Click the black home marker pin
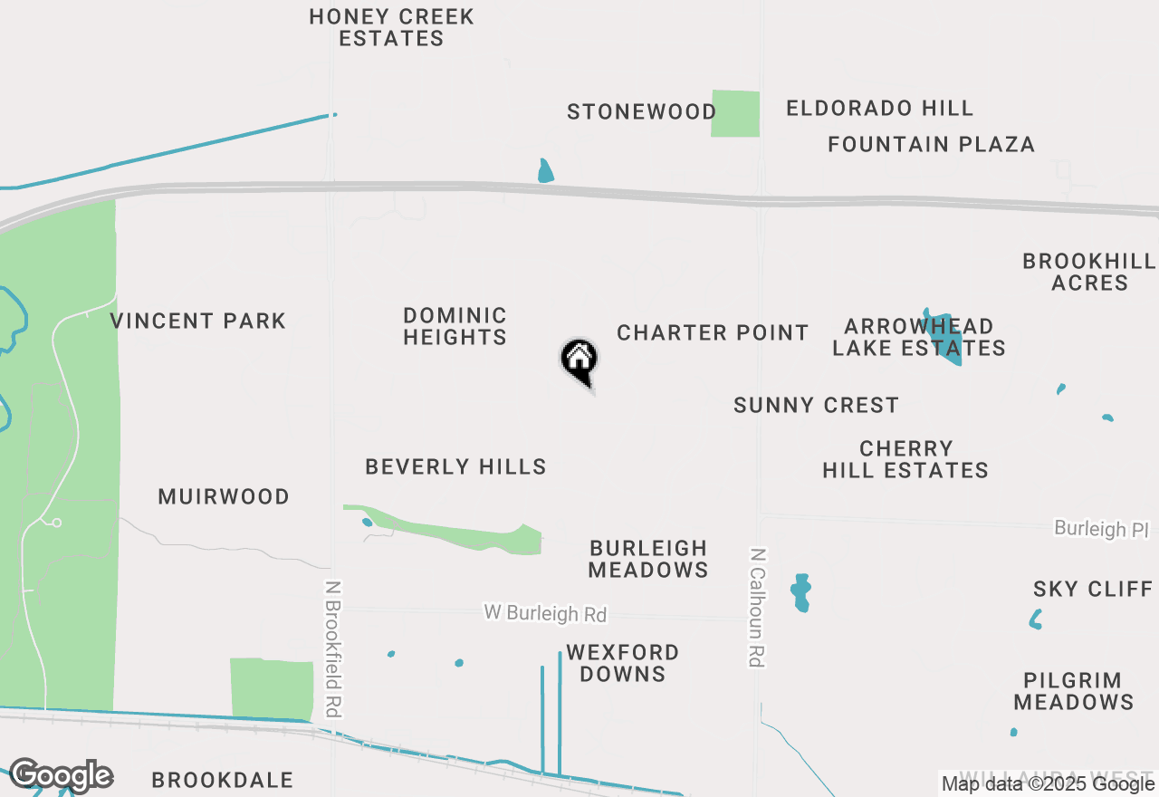(579, 360)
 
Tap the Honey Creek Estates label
(391, 27)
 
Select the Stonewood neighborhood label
(641, 112)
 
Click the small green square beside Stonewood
(735, 113)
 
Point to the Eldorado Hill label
(879, 109)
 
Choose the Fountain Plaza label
(931, 144)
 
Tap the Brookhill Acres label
(1089, 272)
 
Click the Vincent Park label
(198, 321)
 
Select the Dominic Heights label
(455, 326)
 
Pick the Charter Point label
(713, 332)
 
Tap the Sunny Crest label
(816, 405)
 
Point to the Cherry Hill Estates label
(905, 459)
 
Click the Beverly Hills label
(455, 466)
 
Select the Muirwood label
(224, 496)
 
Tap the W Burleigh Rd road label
(545, 613)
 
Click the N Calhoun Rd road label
(758, 607)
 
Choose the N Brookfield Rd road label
(334, 649)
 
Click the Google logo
(61, 775)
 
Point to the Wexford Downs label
(622, 663)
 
